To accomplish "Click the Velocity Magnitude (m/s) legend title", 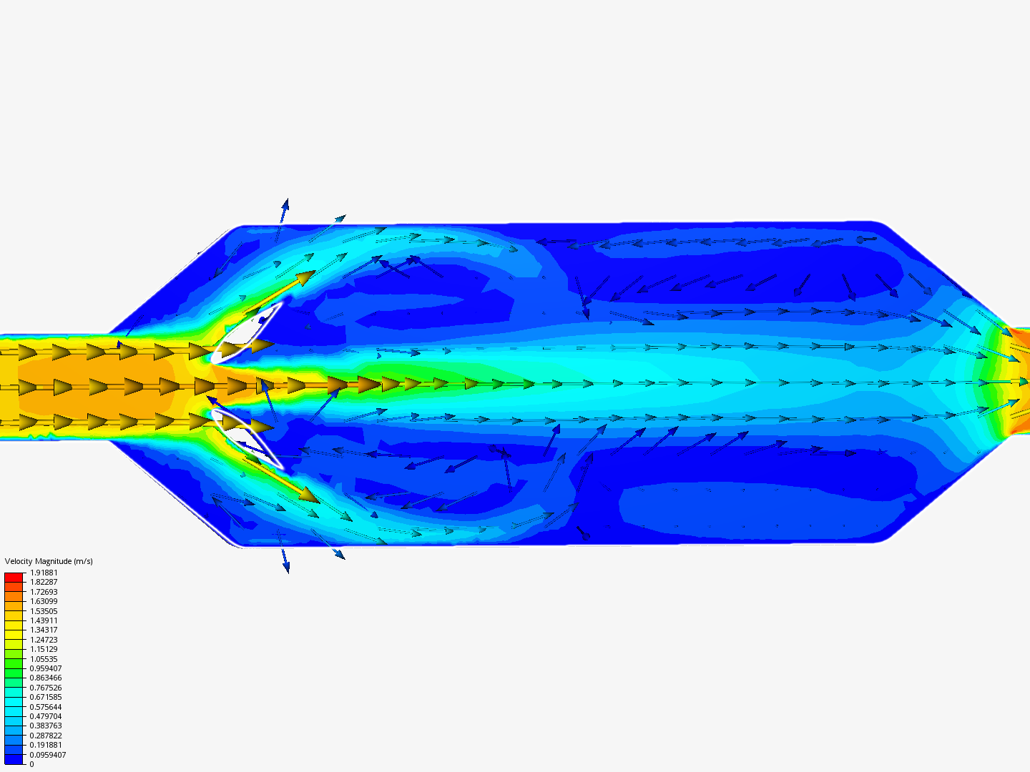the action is [x=49, y=561].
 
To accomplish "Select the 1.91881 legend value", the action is [x=44, y=573].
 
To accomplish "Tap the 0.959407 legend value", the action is [x=46, y=668].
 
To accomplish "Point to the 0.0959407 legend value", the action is [x=47, y=755].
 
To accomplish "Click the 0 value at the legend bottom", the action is [x=32, y=764].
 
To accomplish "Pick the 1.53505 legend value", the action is [x=44, y=611].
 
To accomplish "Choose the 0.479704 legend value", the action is [x=46, y=716].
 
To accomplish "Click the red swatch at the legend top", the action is [x=14, y=578].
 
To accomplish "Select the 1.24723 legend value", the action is [x=44, y=640].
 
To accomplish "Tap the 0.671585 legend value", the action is [x=46, y=697].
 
